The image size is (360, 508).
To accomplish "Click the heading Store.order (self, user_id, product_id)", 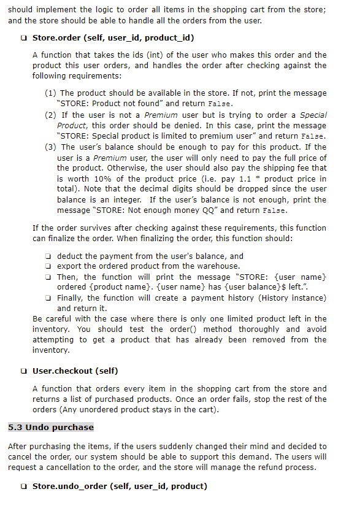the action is pyautogui.click(x=113, y=39).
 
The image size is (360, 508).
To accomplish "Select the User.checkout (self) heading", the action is pyautogui.click(x=75, y=371).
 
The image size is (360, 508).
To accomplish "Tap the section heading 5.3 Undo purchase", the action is pyautogui.click(x=51, y=427).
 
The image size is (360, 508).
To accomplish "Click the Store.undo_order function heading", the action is pyautogui.click(x=120, y=487).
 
